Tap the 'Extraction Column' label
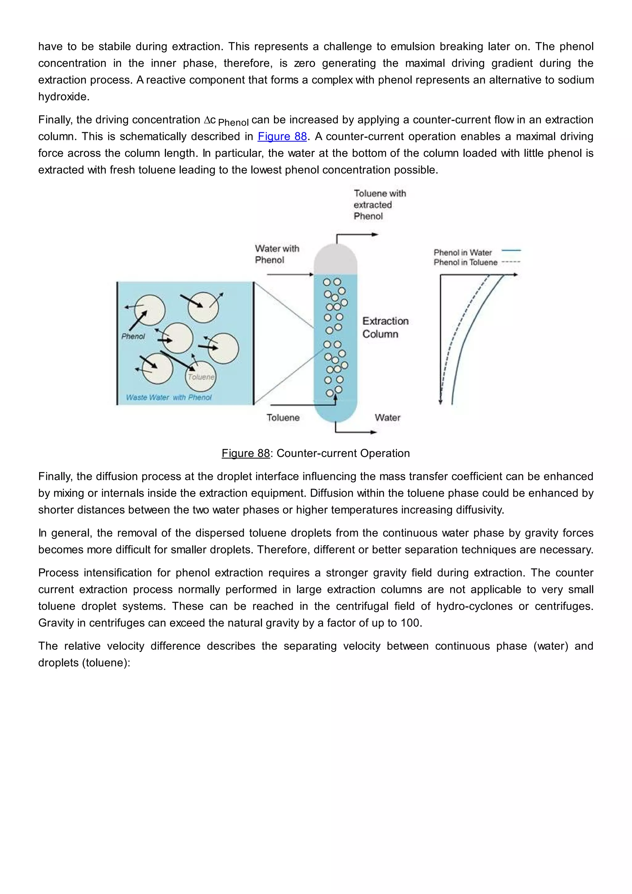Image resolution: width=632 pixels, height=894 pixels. click(x=385, y=328)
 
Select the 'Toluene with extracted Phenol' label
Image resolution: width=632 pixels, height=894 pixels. click(x=380, y=205)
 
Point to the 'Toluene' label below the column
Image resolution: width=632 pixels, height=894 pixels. click(x=283, y=417)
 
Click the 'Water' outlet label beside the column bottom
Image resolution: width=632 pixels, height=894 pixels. click(x=387, y=417)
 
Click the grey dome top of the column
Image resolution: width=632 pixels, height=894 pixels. click(x=335, y=259)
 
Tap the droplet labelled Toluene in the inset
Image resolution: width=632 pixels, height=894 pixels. click(x=200, y=377)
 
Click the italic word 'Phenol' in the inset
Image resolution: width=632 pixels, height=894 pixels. click(x=133, y=336)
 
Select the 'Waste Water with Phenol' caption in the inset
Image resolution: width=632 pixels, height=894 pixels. click(x=169, y=397)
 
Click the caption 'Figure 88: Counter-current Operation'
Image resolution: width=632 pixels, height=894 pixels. click(x=316, y=453)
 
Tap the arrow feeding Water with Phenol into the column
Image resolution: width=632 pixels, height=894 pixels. click(x=290, y=274)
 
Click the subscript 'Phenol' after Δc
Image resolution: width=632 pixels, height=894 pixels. click(x=233, y=123)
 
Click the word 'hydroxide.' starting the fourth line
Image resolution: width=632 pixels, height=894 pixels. click(x=64, y=97)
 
